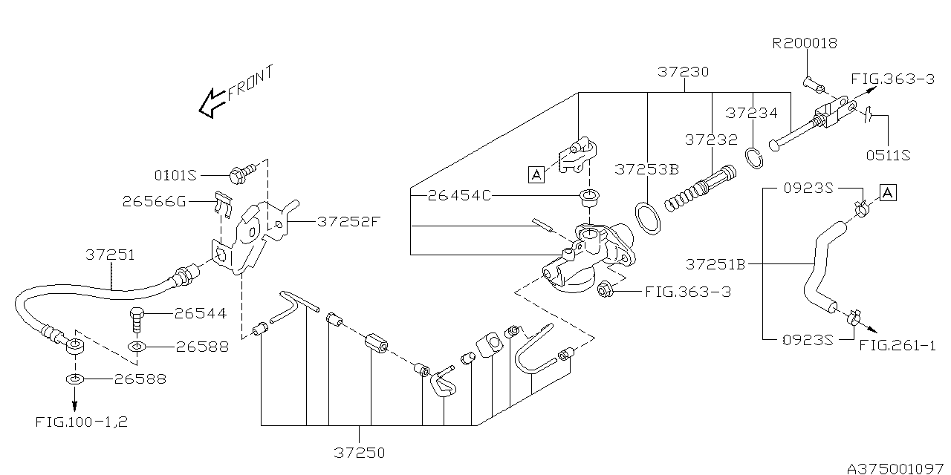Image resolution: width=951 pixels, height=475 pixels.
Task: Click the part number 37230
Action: click(x=684, y=73)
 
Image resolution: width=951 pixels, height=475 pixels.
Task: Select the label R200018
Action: click(x=805, y=43)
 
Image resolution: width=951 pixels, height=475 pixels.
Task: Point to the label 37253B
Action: click(x=646, y=169)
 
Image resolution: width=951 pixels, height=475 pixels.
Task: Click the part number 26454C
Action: click(x=459, y=197)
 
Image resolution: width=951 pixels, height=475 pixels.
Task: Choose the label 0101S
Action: click(x=175, y=176)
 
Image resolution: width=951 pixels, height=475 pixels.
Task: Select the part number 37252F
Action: click(x=349, y=221)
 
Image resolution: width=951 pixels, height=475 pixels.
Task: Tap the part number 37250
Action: click(x=360, y=451)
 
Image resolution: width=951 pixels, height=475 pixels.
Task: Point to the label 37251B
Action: click(x=715, y=263)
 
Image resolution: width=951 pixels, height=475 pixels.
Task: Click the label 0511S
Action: click(x=888, y=155)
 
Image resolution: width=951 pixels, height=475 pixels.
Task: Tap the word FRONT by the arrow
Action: click(x=250, y=82)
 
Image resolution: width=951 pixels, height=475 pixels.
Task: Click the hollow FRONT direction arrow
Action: click(x=212, y=103)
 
